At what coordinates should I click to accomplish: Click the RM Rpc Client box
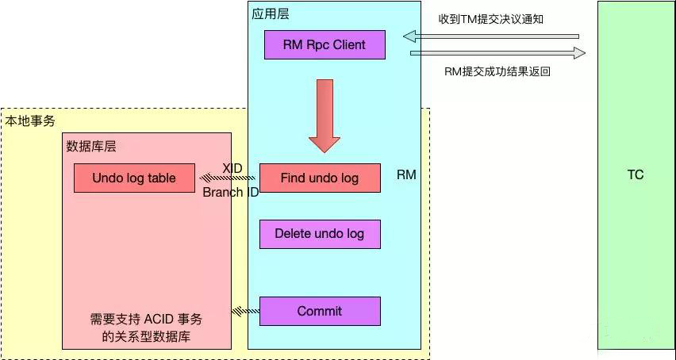pos(325,44)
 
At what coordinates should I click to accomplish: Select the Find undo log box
pos(320,178)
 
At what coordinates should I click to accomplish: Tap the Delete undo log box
pos(320,234)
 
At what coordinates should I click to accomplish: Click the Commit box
pos(320,311)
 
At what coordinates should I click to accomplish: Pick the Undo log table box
pos(134,178)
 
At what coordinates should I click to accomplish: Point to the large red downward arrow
pos(325,116)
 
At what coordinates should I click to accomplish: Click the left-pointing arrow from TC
pos(491,36)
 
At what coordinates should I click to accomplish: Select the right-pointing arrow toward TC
pos(498,53)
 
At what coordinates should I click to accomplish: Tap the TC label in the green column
pos(636,174)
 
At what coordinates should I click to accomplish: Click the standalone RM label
pos(406,174)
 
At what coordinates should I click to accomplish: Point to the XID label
pos(232,168)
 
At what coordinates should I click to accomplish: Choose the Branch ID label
pos(231,192)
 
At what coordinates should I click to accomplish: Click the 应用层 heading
pos(271,14)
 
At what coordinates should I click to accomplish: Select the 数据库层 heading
pos(91,147)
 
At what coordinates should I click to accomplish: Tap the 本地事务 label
pos(30,121)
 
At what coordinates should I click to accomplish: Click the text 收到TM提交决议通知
pos(490,19)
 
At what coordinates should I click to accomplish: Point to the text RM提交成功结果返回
pos(497,71)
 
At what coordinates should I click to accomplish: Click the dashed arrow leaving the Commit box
pos(246,311)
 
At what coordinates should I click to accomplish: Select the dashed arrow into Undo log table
pos(228,178)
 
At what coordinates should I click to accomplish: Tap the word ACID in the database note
pos(160,320)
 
